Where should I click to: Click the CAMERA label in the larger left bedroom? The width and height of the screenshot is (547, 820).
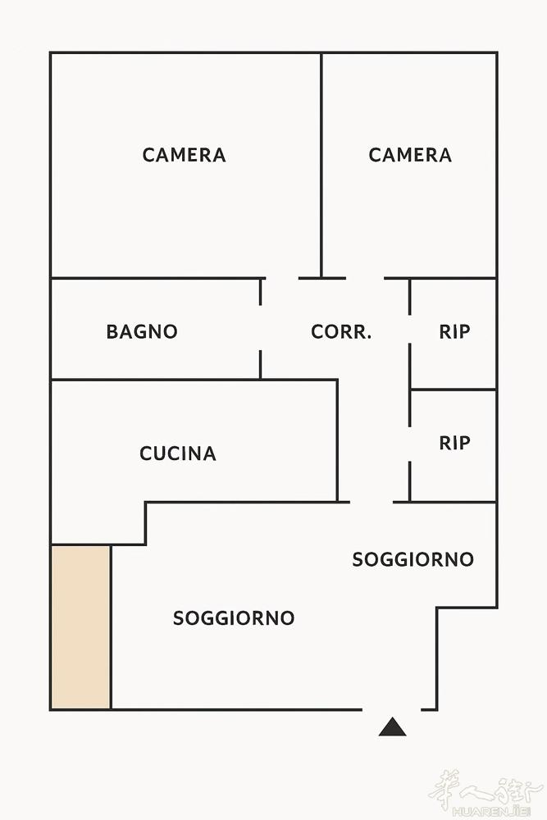coord(184,155)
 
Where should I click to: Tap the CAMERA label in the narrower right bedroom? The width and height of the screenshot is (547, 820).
coord(410,155)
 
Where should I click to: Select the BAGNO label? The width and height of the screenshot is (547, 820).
coord(142,331)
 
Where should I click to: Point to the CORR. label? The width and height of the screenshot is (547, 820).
coord(341,331)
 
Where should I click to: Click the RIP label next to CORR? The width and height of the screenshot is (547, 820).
coord(454,331)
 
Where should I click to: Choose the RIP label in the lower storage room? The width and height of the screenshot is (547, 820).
coord(454,443)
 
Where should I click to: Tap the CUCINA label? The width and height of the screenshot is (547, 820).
coord(178,453)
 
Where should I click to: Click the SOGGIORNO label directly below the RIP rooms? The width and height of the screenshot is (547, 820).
coord(413,559)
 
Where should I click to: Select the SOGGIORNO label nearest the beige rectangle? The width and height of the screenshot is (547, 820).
coord(234,618)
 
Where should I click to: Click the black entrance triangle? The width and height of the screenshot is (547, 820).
coord(392,728)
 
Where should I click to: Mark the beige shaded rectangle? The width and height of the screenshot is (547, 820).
coord(81,627)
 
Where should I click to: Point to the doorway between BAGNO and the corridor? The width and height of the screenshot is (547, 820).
coord(261,328)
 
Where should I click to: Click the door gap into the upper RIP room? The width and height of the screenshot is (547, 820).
coord(409,330)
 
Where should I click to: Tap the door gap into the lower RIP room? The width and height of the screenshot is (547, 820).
coord(409,444)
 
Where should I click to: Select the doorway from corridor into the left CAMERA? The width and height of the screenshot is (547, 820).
coord(282,278)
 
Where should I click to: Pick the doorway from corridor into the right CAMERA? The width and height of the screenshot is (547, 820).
coord(365,278)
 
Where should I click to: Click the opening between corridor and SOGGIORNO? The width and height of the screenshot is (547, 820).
coord(372,502)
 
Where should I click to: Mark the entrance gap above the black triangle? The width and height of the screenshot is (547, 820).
coord(392,709)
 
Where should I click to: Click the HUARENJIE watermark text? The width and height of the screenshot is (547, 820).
coord(490,812)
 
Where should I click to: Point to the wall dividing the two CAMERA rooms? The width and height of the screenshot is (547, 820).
coord(321,166)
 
